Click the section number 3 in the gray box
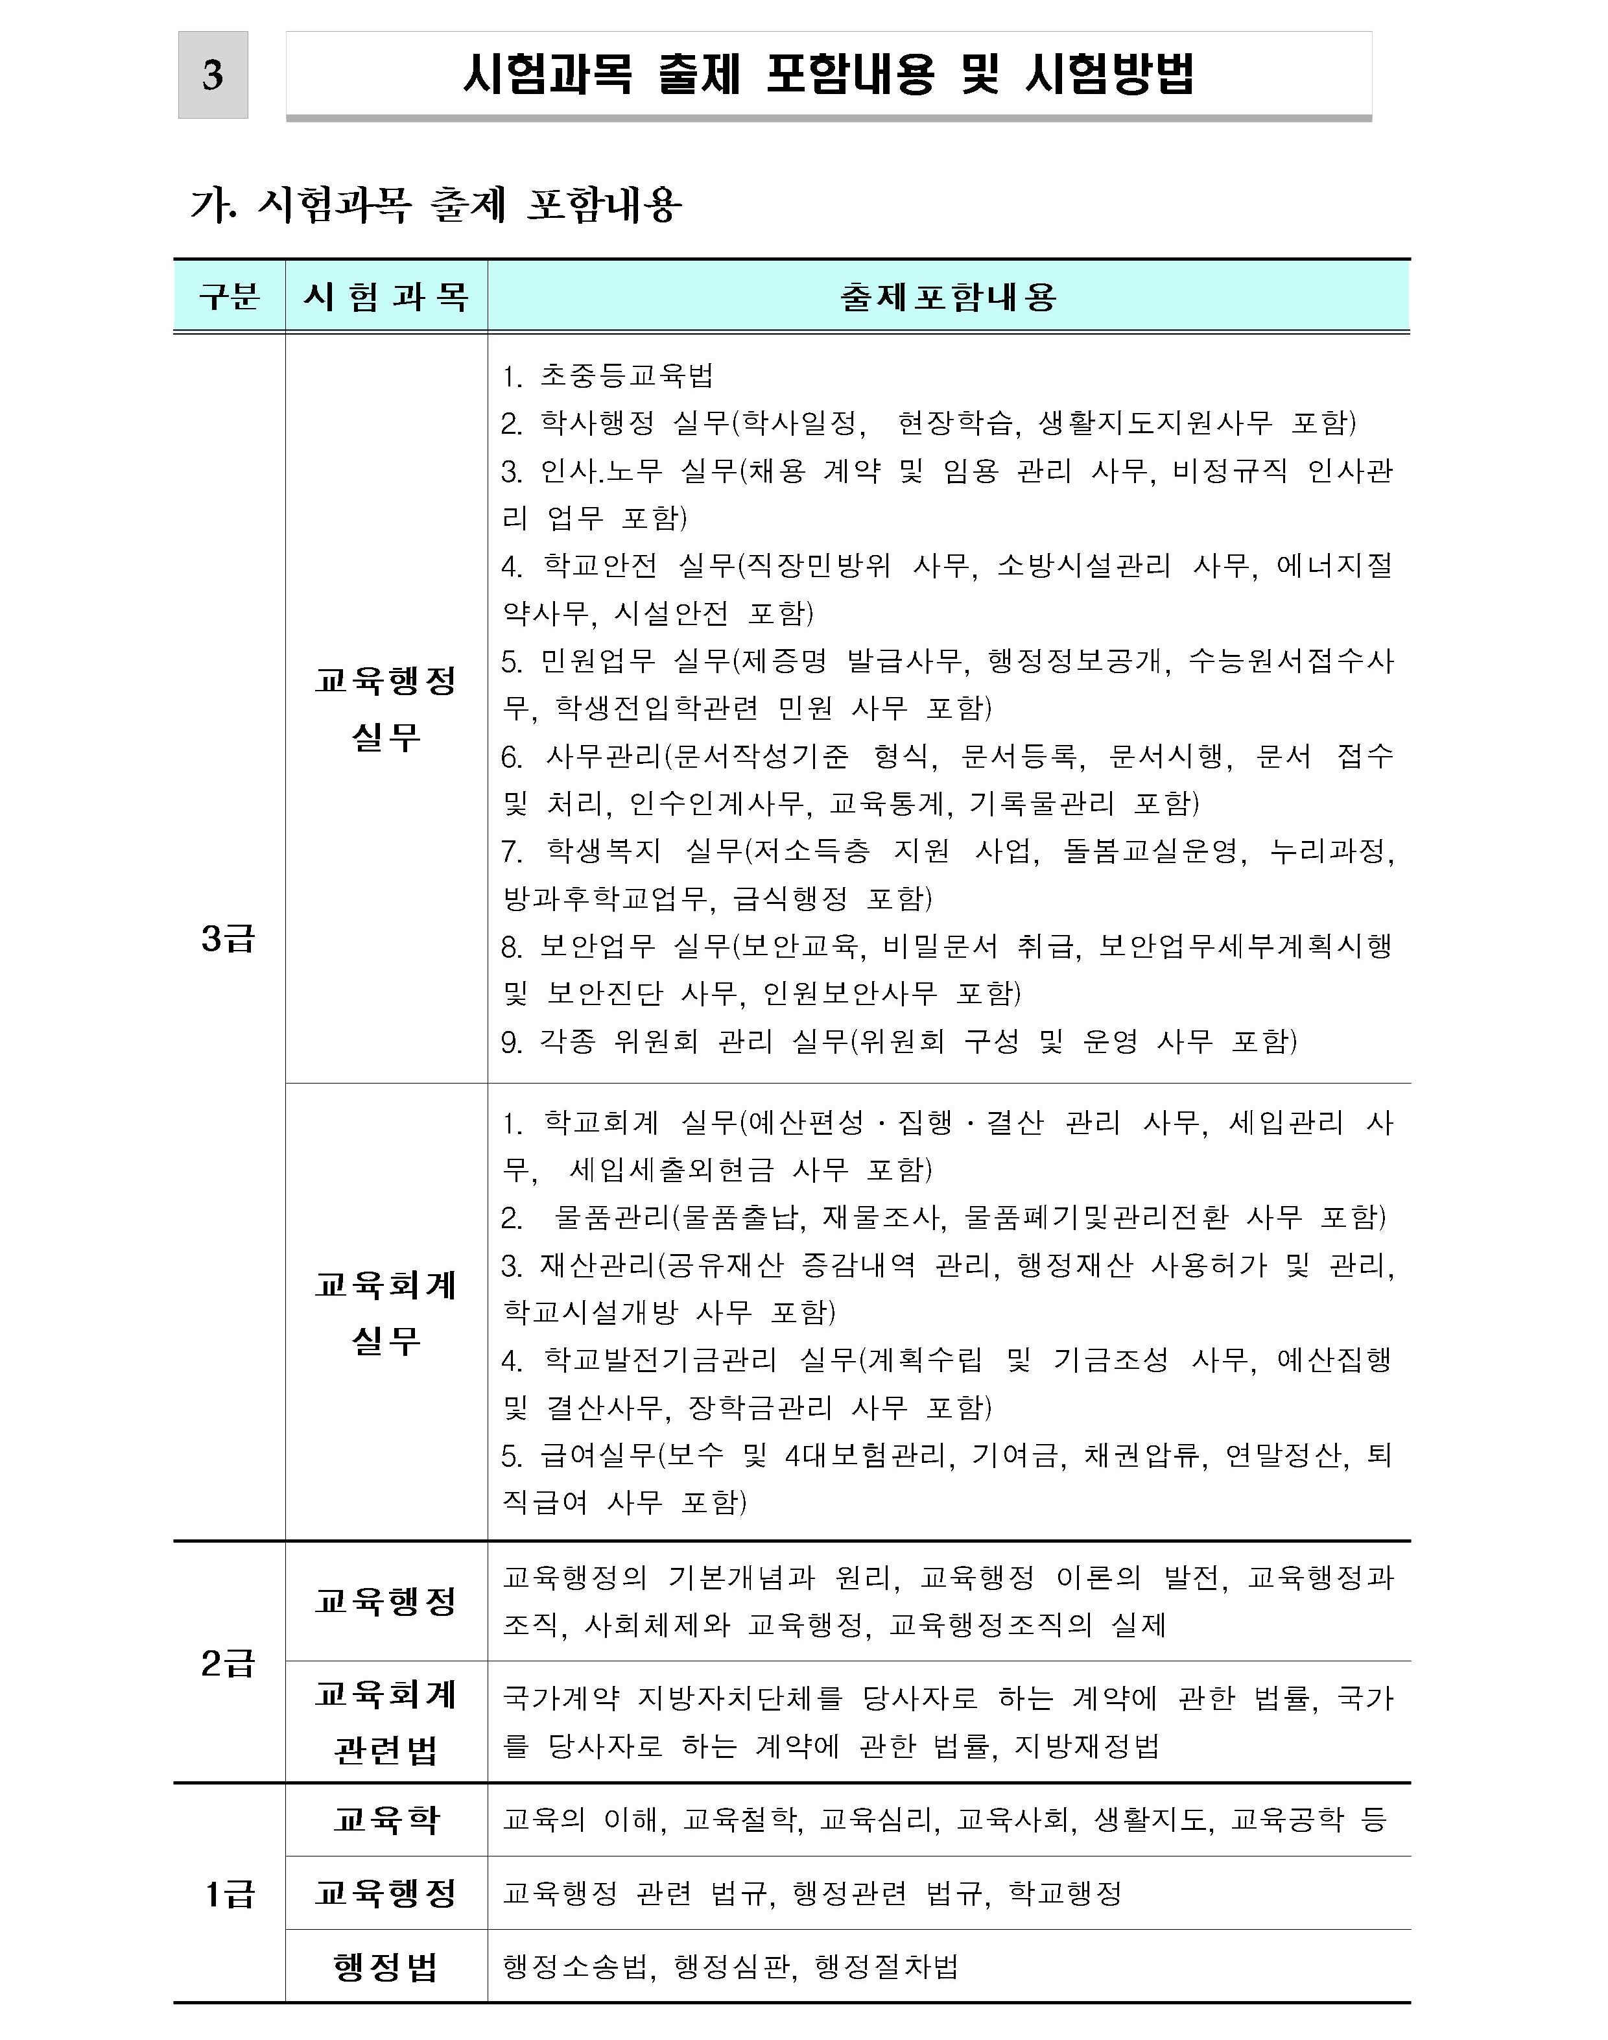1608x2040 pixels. click(213, 75)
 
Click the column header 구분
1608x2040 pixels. click(229, 296)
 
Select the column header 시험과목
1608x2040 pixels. click(386, 296)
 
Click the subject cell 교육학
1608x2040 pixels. click(386, 1820)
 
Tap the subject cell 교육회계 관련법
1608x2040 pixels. click(386, 1723)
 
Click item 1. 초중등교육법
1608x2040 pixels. click(608, 375)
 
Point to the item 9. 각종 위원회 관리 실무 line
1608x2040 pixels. click(899, 1041)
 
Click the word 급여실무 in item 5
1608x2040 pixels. click(597, 1455)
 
